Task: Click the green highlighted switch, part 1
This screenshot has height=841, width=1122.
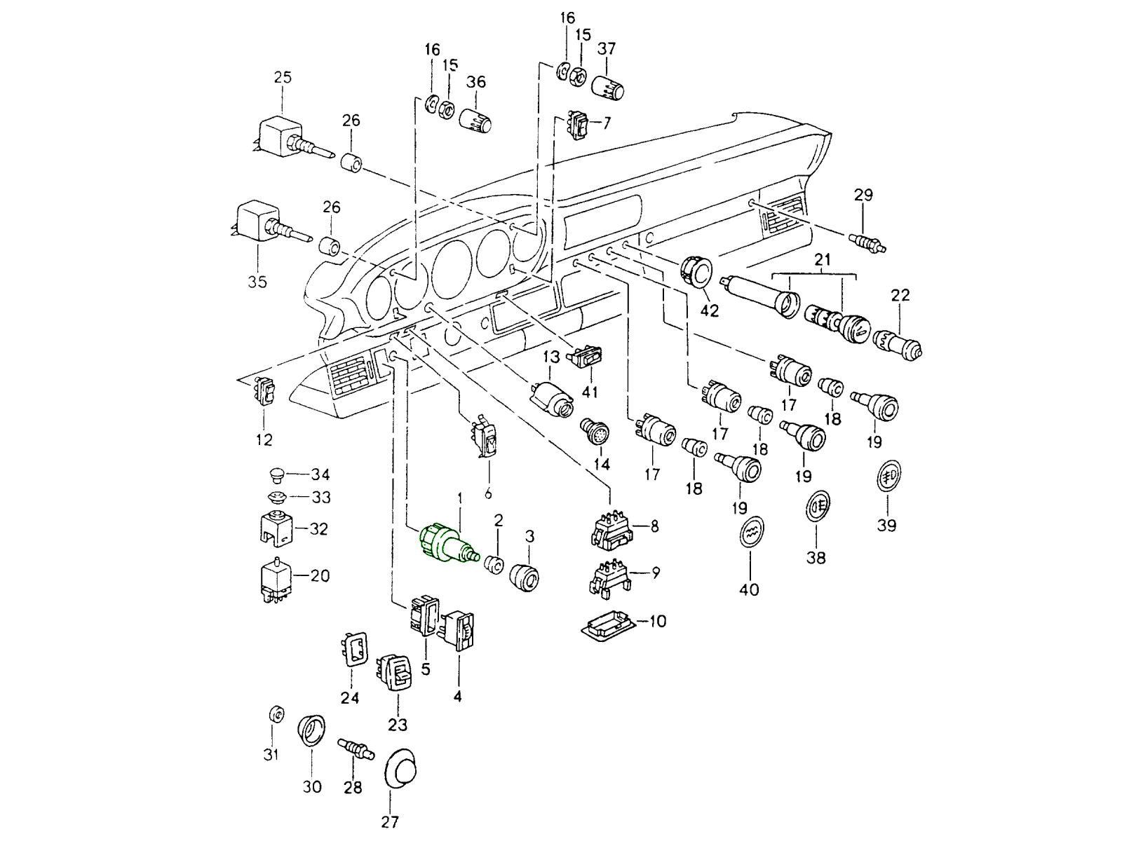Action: pos(442,544)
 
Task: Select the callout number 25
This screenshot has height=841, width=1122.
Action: pos(283,77)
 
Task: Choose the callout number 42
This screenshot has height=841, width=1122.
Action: pos(710,310)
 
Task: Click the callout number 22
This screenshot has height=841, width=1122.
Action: pos(900,295)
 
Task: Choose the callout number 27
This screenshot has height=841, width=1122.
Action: pos(390,822)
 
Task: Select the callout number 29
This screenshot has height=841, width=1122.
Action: pos(863,194)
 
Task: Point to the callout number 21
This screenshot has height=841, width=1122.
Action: pos(823,260)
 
